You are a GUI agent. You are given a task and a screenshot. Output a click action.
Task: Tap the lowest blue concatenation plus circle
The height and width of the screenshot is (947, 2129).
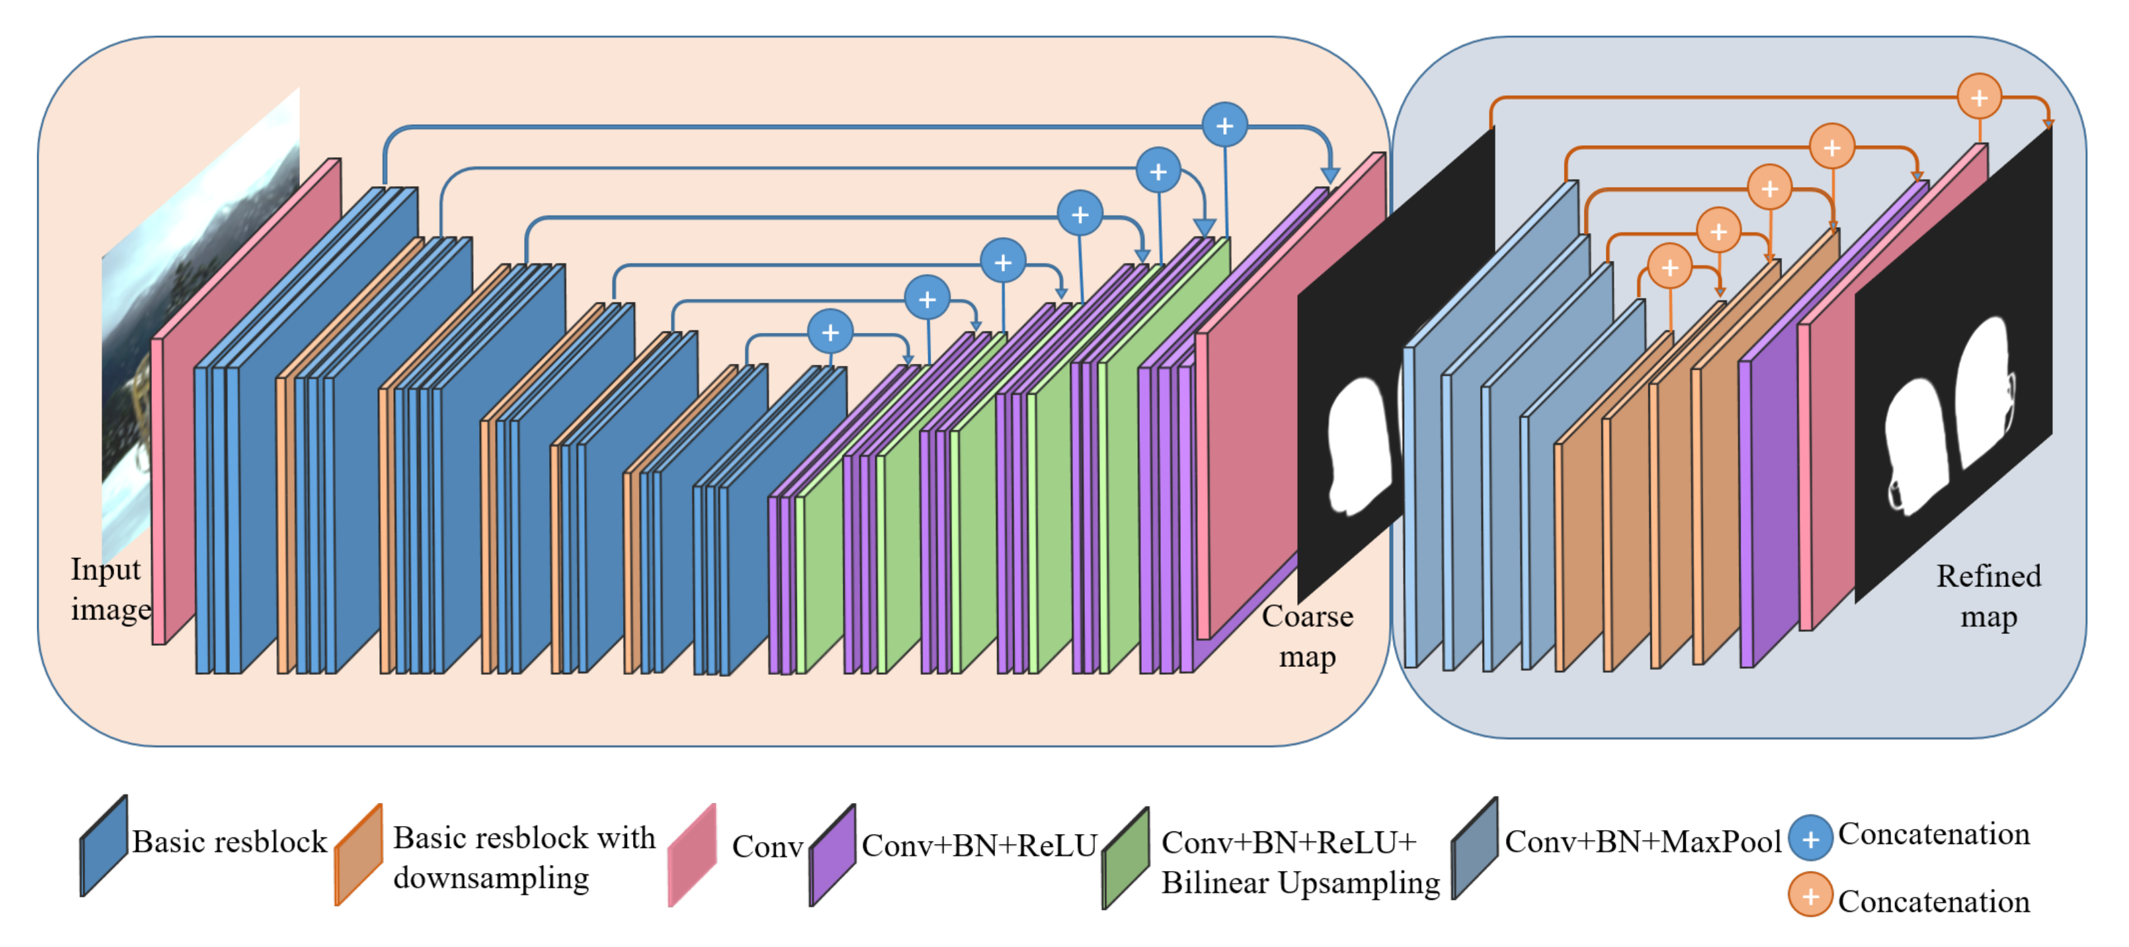(x=831, y=332)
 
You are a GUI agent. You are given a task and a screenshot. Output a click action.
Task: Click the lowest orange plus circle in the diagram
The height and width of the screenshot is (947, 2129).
(x=1670, y=267)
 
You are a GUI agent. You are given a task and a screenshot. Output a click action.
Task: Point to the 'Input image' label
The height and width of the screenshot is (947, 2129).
(x=110, y=589)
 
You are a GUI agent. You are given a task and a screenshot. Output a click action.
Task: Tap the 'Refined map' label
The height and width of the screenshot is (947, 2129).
(x=1988, y=596)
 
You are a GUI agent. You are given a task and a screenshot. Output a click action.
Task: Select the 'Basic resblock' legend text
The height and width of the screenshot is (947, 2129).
(x=229, y=842)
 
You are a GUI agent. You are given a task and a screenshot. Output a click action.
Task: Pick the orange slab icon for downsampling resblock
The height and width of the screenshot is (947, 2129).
(x=359, y=855)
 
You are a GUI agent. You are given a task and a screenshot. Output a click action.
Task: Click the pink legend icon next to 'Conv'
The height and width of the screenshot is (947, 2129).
(x=692, y=855)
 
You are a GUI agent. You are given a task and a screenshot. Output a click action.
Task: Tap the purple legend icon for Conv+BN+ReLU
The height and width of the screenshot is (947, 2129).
(x=833, y=855)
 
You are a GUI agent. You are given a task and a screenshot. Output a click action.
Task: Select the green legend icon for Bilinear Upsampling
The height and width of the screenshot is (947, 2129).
(x=1126, y=858)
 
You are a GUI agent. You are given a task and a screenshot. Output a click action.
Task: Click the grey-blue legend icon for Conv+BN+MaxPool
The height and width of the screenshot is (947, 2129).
(x=1474, y=849)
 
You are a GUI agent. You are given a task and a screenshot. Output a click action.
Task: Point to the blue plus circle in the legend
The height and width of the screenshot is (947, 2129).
(x=1810, y=839)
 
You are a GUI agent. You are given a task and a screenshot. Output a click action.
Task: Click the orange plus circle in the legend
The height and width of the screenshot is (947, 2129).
(x=1810, y=895)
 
